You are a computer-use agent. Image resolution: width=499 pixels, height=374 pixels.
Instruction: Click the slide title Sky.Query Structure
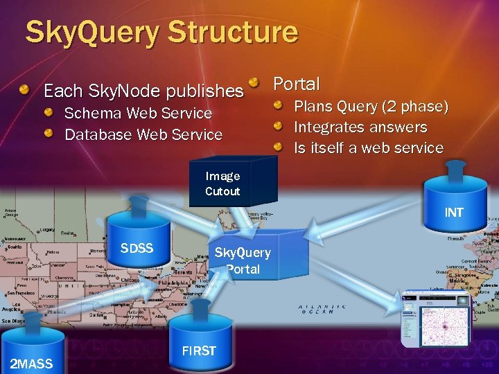[161, 33]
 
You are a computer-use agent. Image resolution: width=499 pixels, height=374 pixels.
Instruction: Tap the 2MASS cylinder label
[31, 364]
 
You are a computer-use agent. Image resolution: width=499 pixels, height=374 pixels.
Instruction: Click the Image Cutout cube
[223, 183]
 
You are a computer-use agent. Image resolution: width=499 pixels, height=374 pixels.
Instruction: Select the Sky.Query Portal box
[243, 260]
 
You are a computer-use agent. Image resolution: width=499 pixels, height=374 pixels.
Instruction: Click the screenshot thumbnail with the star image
[435, 319]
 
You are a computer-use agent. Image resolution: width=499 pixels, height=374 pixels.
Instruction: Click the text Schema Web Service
[138, 113]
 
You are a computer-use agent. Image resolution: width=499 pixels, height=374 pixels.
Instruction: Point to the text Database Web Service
[143, 134]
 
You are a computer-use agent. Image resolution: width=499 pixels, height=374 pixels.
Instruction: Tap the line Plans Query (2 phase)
[371, 107]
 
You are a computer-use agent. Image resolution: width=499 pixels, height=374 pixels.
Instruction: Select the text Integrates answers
[360, 127]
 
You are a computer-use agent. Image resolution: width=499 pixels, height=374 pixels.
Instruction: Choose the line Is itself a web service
[369, 148]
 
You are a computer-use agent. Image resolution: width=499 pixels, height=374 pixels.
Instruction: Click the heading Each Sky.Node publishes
[143, 91]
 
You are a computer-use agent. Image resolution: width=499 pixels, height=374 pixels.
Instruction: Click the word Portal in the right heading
[297, 84]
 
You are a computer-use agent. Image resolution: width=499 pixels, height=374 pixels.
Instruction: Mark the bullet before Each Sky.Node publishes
[24, 90]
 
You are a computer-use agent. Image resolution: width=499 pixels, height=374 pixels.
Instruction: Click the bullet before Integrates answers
[278, 127]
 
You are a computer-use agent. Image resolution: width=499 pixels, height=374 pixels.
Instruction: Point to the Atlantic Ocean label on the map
[322, 309]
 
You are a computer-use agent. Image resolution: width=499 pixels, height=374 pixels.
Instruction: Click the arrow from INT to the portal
[360, 218]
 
